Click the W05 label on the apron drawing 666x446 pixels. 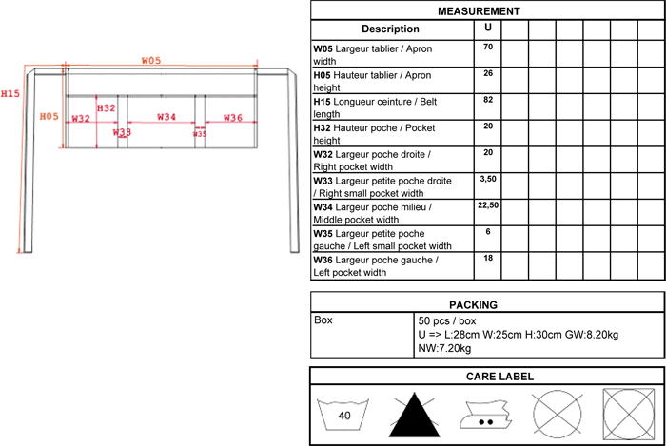[x=151, y=60]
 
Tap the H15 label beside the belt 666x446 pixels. [x=10, y=93]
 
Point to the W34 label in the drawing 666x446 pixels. [x=166, y=117]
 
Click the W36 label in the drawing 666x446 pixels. [x=233, y=117]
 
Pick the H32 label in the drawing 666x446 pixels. [x=107, y=108]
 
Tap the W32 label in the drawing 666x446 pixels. [x=80, y=118]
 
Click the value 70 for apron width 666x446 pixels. [x=488, y=48]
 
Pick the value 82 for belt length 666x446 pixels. [x=488, y=100]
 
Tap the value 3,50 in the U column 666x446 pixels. [x=488, y=179]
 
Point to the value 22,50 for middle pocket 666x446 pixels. [x=488, y=205]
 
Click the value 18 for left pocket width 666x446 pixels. [x=488, y=258]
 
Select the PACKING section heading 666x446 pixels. [x=486, y=304]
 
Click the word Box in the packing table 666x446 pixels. [x=324, y=320]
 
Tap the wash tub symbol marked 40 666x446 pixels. [x=343, y=415]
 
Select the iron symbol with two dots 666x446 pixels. [x=485, y=415]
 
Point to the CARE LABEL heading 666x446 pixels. [x=486, y=376]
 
